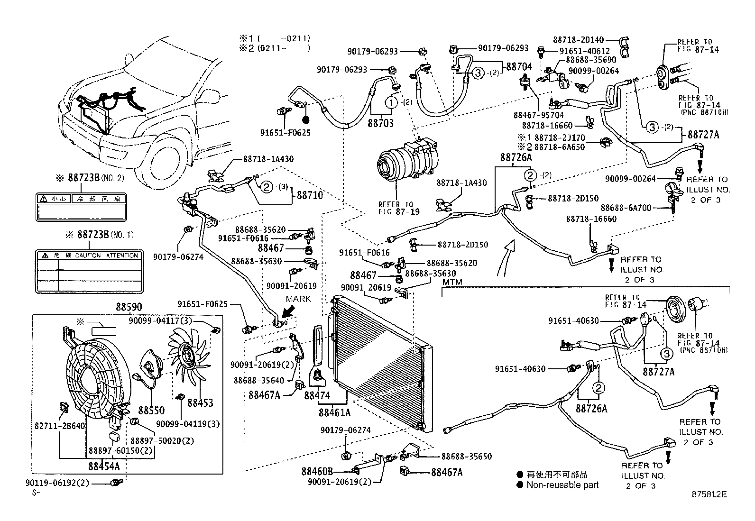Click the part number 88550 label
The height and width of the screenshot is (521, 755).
pos(151,410)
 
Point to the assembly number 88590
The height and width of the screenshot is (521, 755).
pos(129,307)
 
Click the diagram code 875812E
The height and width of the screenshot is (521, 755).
pos(709,494)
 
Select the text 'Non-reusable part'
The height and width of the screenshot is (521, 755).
pos(562,485)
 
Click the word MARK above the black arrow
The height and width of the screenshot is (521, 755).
pos(298,299)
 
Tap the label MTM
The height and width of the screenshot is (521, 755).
pos(452,282)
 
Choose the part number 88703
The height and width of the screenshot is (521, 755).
pos(381,122)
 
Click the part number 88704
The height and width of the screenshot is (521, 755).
pos(519,67)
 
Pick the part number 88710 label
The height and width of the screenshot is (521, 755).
pos(310,195)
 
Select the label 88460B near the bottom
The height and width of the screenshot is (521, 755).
pos(317,472)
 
